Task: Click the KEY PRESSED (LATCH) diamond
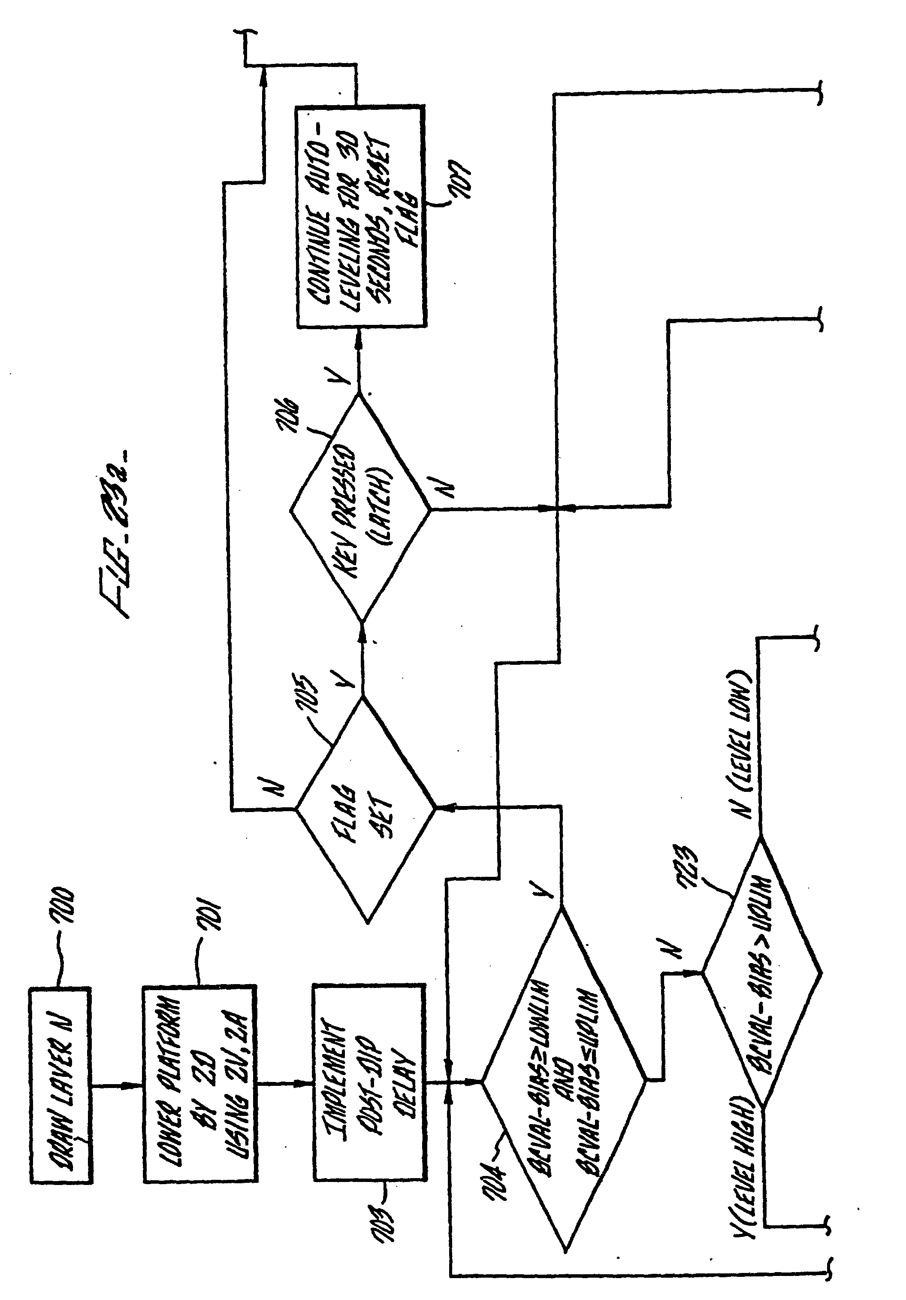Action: [x=360, y=509]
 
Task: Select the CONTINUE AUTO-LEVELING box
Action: [x=361, y=216]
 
